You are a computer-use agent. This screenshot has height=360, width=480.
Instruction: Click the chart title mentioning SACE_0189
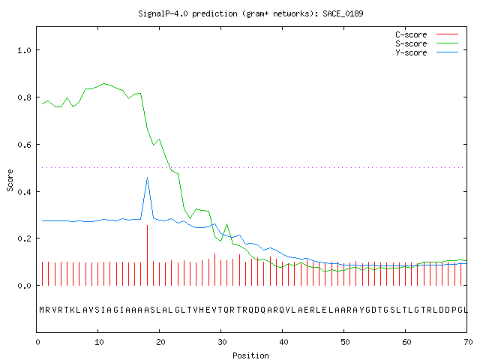click(250, 13)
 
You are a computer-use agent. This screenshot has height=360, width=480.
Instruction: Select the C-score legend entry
click(427, 34)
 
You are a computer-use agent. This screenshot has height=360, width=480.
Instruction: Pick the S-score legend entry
click(427, 43)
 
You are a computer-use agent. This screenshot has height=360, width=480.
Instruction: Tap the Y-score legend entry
click(427, 52)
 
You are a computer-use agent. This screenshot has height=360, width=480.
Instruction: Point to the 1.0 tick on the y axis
click(24, 50)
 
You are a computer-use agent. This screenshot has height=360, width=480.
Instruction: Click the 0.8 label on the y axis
click(24, 97)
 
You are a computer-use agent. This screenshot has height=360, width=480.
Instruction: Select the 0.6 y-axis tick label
click(24, 145)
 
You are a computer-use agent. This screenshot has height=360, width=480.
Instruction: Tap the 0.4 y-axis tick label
click(24, 192)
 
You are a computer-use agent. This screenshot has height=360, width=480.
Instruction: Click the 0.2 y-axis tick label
click(24, 238)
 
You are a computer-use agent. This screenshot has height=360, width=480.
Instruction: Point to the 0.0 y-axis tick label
click(24, 286)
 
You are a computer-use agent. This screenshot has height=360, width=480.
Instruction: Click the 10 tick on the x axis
click(99, 342)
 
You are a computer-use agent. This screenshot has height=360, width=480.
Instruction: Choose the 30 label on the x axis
click(222, 342)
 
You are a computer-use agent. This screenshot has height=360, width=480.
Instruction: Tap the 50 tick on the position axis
click(345, 342)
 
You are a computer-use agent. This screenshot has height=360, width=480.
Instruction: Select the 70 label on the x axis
click(468, 342)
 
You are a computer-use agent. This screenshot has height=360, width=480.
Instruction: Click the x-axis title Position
click(250, 355)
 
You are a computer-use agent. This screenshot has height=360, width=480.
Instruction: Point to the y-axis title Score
click(10, 180)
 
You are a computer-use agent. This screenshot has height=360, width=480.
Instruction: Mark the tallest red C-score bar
click(147, 255)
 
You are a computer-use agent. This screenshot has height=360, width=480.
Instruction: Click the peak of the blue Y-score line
click(147, 177)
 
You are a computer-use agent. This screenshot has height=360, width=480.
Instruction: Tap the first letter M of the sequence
click(42, 310)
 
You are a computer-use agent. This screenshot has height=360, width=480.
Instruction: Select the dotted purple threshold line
click(253, 167)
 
